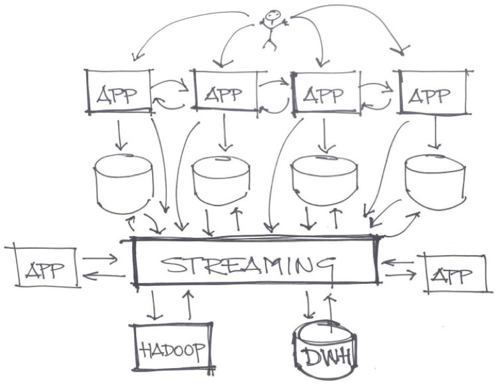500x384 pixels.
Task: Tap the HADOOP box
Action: coord(170,348)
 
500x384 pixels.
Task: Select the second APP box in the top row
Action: coord(224,94)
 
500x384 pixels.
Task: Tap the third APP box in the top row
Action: coord(324,94)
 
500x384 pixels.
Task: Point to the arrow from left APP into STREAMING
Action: coord(99,258)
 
